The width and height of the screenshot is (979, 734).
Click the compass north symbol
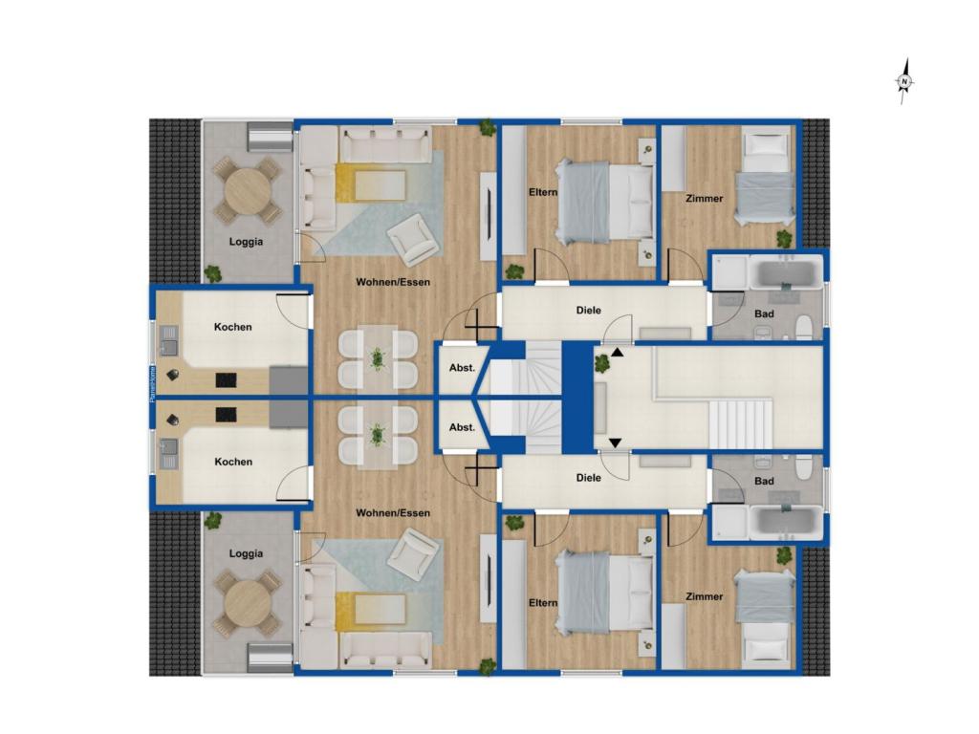pos(903,83)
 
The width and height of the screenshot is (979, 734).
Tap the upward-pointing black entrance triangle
pos(616,353)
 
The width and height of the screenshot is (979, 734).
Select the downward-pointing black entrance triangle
pos(616,442)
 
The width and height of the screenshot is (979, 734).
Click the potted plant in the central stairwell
pos(602,363)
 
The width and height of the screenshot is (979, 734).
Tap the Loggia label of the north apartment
pos(246,242)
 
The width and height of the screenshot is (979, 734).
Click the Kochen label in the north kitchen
pos(233,327)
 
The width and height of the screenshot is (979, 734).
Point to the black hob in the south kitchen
pos(227,414)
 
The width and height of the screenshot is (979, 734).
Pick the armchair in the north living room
pos(413,239)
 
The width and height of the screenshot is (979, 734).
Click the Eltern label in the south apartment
pos(543,603)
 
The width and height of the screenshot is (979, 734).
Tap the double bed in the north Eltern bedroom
pos(606,200)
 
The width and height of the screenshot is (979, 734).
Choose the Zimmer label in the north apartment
pos(705,199)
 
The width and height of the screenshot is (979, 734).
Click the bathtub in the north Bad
pos(786,274)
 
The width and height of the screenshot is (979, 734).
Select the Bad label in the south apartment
pos(764,481)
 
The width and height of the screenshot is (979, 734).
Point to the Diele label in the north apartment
pos(589,310)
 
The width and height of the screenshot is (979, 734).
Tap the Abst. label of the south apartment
pos(462,427)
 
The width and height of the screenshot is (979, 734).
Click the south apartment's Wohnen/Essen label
pos(393,513)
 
